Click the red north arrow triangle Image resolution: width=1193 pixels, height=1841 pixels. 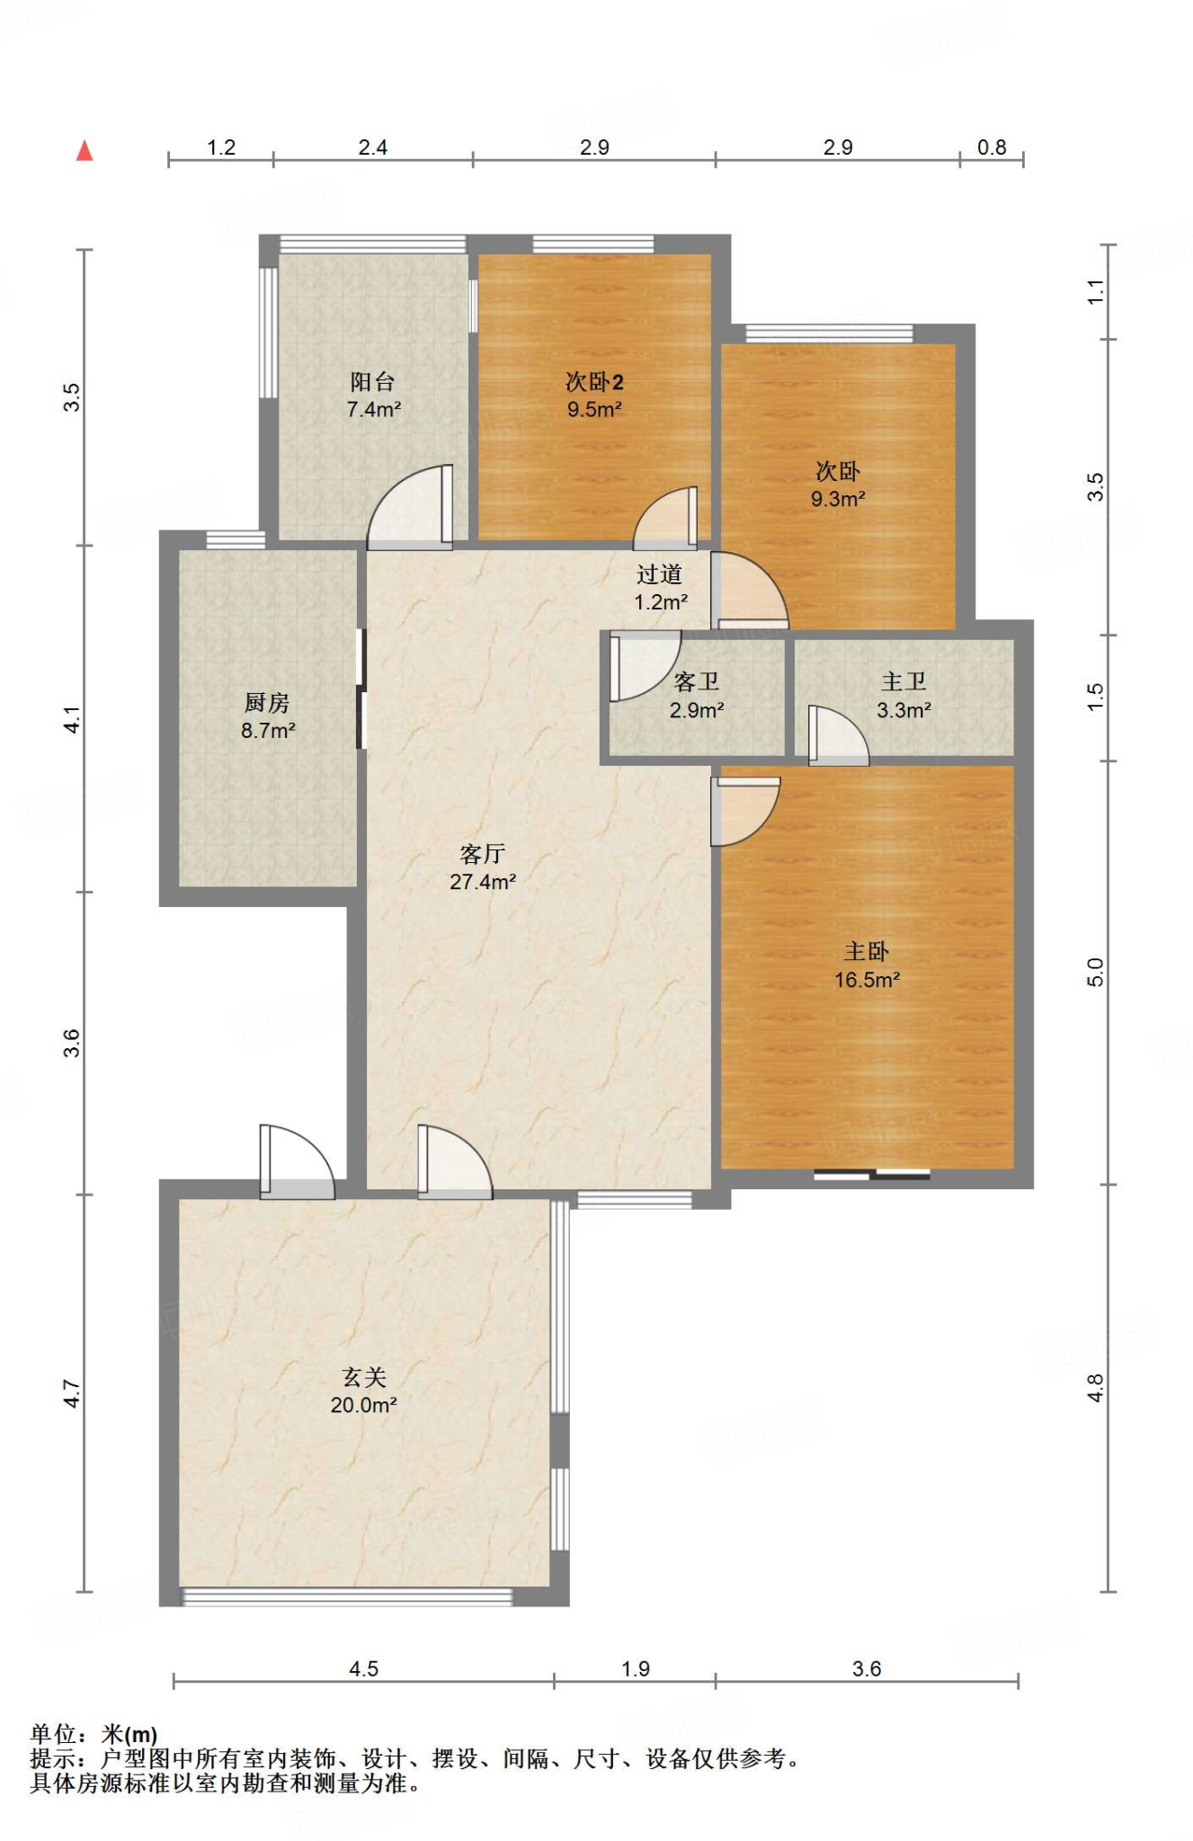pos(85,150)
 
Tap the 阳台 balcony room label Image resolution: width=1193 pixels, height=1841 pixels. pos(372,382)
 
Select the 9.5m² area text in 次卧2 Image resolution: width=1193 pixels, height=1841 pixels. pos(594,410)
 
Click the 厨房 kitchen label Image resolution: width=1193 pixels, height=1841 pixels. pos(267,703)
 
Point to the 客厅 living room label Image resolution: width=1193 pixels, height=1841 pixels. pos(483,854)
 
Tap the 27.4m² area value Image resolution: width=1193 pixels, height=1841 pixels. pos(483,882)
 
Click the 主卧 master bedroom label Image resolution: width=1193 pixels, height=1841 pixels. pos(867,951)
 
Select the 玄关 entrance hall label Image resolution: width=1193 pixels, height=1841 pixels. pos(364,1377)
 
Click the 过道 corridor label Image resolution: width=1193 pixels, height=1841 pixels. pos(660,574)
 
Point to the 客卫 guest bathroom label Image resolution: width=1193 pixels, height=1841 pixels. pos(697,682)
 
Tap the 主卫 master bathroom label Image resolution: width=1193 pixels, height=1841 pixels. pos(904,682)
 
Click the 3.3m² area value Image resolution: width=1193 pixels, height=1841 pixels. pos(904,710)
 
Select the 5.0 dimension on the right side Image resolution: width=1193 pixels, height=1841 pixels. pos(1095,972)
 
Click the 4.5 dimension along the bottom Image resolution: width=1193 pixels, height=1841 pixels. pos(363,1669)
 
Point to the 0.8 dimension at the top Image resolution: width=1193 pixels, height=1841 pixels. pos(992,147)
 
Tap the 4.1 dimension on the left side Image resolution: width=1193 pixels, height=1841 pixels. pos(72,719)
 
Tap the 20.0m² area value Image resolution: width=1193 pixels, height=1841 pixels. pos(364,1405)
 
